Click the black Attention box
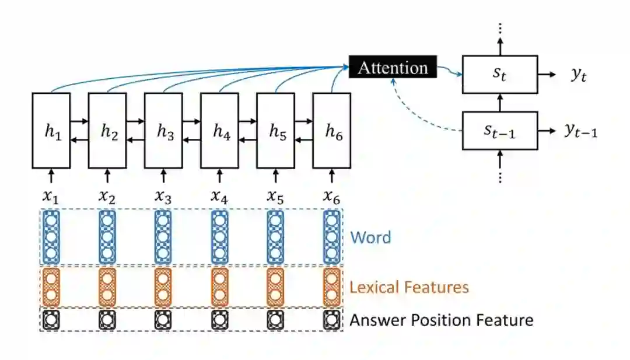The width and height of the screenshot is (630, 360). (x=393, y=68)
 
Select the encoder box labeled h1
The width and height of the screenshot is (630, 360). (x=51, y=130)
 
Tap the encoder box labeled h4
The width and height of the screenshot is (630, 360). (x=219, y=130)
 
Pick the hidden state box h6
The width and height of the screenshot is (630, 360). (x=332, y=130)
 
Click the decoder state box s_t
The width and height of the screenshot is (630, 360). (x=500, y=74)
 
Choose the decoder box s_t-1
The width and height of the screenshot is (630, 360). (x=500, y=131)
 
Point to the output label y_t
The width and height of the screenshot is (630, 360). (x=577, y=75)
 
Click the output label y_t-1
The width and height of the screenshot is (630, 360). (x=581, y=131)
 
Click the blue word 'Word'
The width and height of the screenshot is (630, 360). (x=370, y=237)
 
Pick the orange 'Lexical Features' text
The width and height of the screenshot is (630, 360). (x=409, y=287)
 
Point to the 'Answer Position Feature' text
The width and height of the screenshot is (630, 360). (x=442, y=320)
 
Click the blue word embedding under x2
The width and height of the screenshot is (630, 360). (x=107, y=237)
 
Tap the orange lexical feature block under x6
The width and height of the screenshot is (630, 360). (x=332, y=286)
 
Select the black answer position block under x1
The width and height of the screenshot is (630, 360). (x=51, y=320)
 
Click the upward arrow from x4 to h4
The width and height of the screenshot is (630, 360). (x=219, y=175)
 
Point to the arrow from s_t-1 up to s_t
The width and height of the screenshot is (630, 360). (x=500, y=103)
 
